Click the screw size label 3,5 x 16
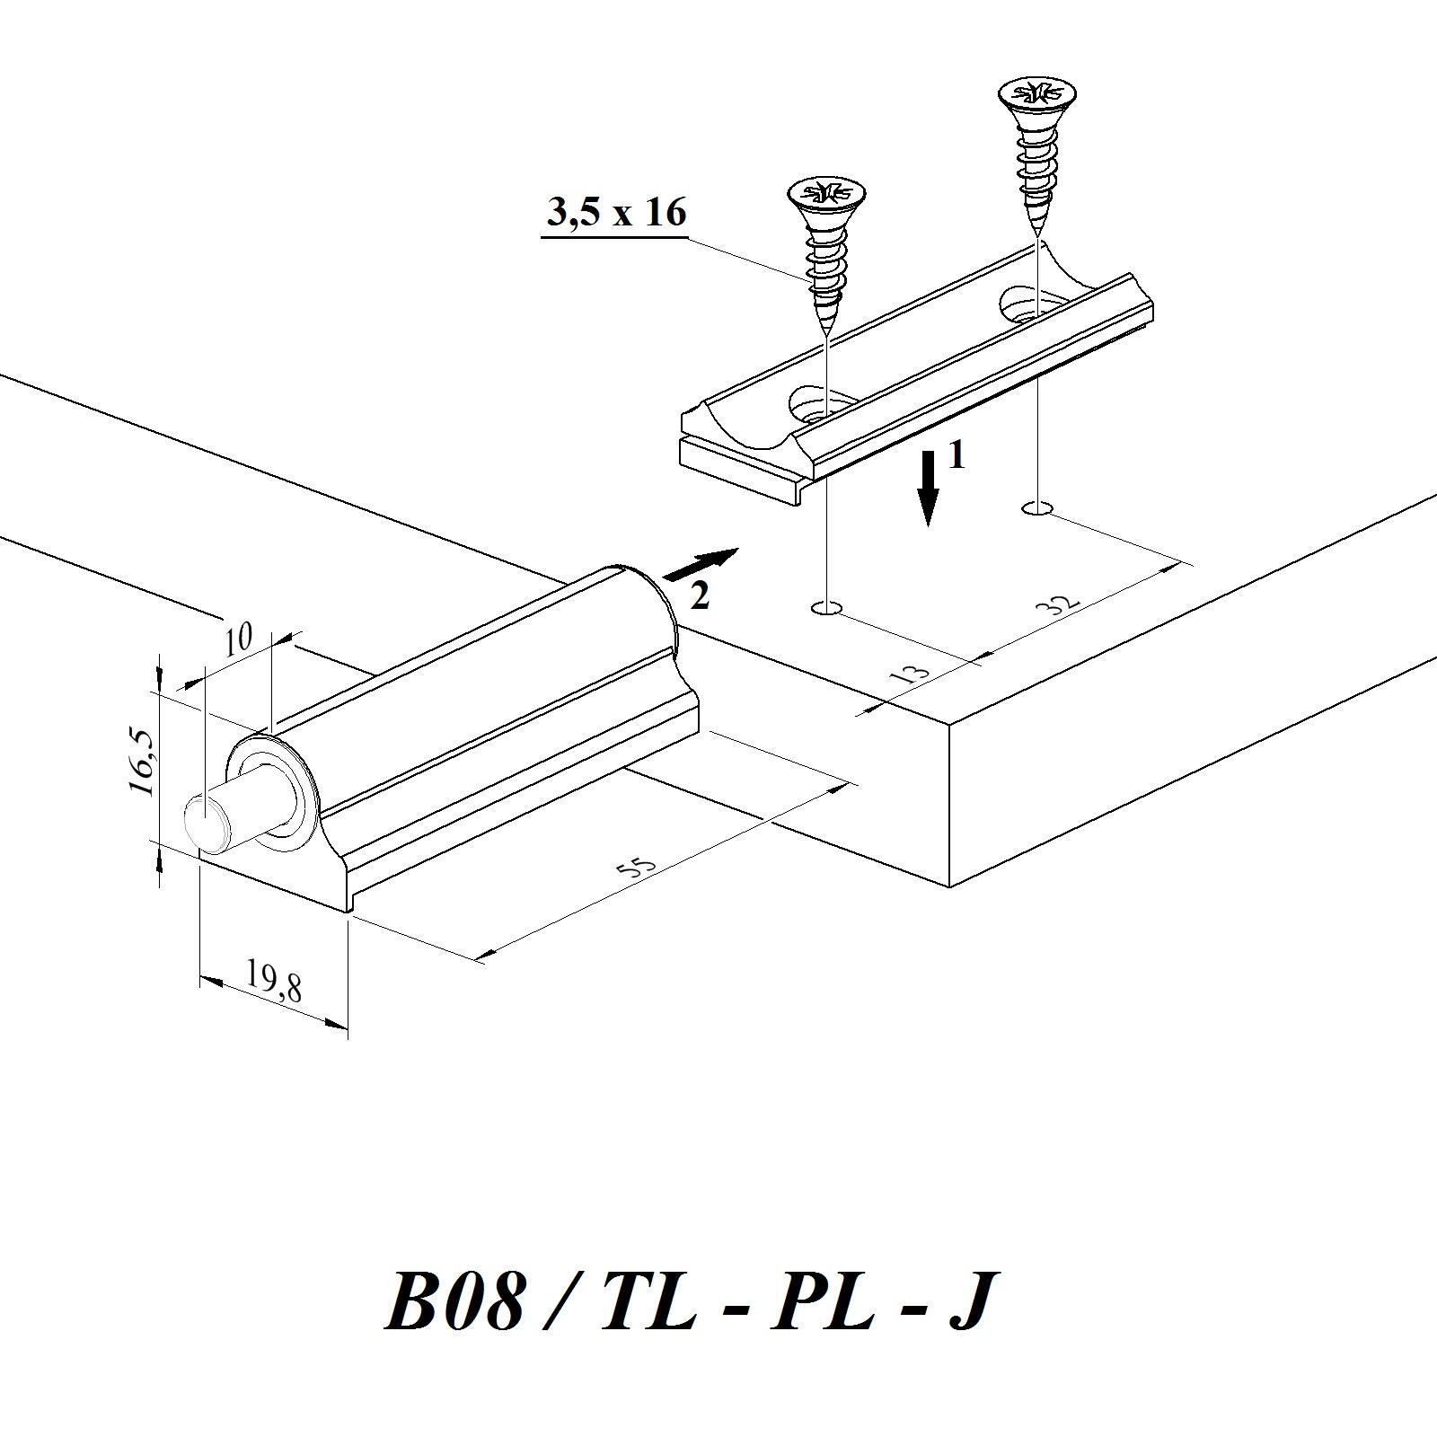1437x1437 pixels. click(x=616, y=213)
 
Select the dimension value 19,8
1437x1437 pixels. click(x=274, y=981)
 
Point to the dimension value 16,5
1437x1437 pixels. click(x=143, y=762)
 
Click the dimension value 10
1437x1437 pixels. click(x=238, y=639)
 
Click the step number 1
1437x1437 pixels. click(x=957, y=456)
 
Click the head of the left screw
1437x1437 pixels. click(x=825, y=194)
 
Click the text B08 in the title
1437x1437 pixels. click(x=454, y=1301)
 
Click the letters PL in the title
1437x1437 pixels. click(x=822, y=1301)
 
